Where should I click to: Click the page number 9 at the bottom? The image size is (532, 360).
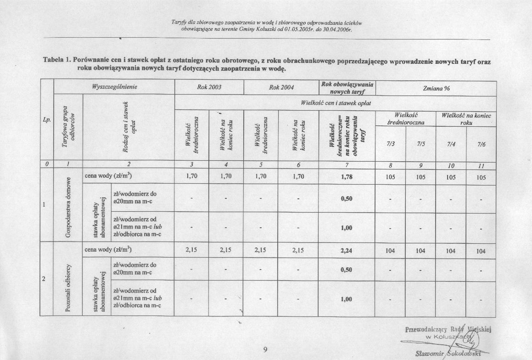[265, 350]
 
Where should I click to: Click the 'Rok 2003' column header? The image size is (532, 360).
[209, 87]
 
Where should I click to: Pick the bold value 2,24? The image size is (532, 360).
[347, 251]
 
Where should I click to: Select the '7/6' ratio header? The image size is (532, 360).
[481, 144]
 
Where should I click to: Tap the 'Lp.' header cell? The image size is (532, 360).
[46, 119]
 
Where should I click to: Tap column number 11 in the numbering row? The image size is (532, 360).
[481, 166]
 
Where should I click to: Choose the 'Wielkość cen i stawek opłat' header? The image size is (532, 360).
[335, 103]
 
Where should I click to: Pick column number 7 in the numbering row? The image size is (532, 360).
[347, 166]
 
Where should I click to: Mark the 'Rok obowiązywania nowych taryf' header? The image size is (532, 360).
[347, 88]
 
